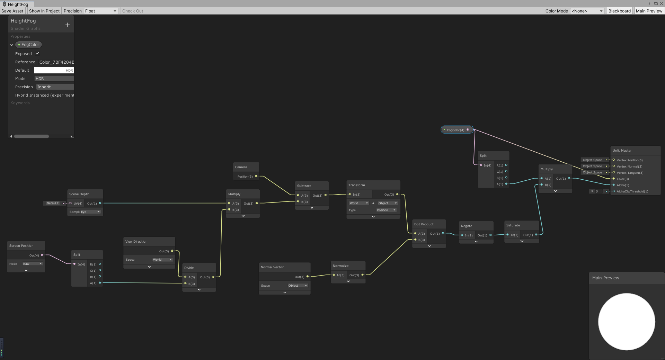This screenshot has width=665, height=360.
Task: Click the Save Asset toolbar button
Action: [x=12, y=11]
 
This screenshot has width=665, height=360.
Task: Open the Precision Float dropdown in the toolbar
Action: [x=101, y=11]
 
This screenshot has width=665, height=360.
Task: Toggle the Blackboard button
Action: [x=619, y=11]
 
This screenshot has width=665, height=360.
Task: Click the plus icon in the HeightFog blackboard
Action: [x=68, y=25]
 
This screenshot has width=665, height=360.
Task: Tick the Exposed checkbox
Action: [x=37, y=54]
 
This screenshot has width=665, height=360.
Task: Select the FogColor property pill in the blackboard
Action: [x=29, y=45]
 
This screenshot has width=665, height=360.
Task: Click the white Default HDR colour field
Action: [x=54, y=70]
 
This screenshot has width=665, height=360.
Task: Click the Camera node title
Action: [x=241, y=167]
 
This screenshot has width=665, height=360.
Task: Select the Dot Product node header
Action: [x=424, y=224]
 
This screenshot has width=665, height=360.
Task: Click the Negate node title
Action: [x=466, y=226]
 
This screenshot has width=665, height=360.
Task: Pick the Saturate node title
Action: [x=513, y=225]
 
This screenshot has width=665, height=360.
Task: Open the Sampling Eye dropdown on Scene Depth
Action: [x=90, y=212]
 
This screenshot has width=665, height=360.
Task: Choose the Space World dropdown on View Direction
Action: [x=162, y=260]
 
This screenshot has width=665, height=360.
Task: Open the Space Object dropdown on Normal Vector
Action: [x=298, y=286]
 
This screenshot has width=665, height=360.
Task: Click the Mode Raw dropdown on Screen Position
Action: [x=33, y=264]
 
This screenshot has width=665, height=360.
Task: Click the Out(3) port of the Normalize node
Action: [x=363, y=275]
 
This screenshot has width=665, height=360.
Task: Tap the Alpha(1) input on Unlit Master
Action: [x=614, y=185]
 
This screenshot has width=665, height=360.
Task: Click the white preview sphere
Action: [x=627, y=322]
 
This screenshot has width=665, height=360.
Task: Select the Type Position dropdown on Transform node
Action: [x=386, y=210]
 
